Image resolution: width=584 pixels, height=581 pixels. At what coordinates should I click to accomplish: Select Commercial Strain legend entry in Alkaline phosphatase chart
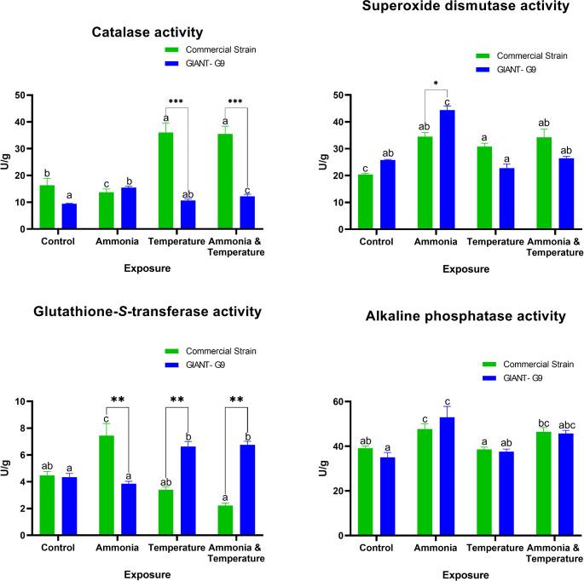pyautogui.click(x=537, y=364)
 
